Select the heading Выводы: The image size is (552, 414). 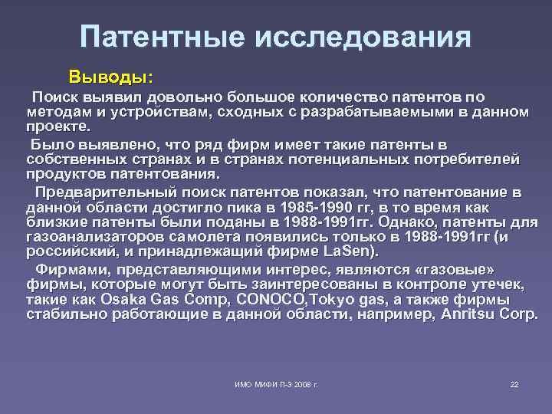pos(110,77)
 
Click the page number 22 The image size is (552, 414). pos(514,383)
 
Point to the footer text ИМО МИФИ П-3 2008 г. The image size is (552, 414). pos(276,383)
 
